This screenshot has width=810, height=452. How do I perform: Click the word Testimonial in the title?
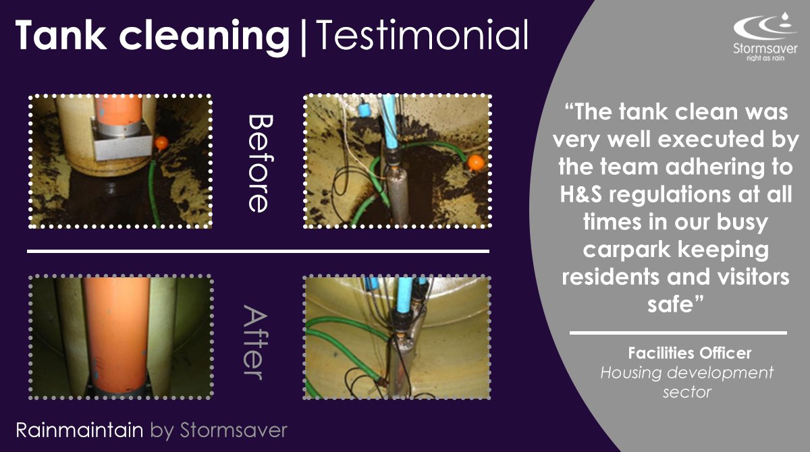(422, 35)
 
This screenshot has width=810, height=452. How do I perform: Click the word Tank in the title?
(57, 35)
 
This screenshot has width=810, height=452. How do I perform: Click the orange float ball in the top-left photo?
(161, 143)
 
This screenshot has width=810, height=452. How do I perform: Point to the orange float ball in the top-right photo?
(476, 162)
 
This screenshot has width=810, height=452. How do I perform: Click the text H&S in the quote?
(587, 194)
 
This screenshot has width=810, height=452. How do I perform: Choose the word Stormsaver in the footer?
(234, 430)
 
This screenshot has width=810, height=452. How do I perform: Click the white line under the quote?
(678, 333)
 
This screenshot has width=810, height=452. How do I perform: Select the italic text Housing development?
(687, 372)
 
